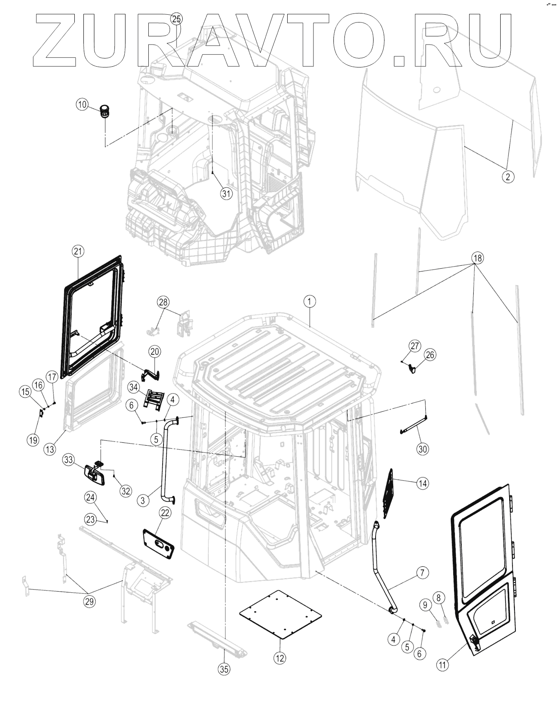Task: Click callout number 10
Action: (x=82, y=104)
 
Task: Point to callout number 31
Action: (x=226, y=193)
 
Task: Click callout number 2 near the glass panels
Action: (x=508, y=177)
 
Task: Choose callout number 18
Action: (x=477, y=258)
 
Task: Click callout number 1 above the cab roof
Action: (x=309, y=302)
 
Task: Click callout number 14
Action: (x=423, y=483)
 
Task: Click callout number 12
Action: (x=280, y=658)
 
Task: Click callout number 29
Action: (x=89, y=601)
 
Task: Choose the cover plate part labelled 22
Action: (x=159, y=543)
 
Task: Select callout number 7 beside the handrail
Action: (x=422, y=573)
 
